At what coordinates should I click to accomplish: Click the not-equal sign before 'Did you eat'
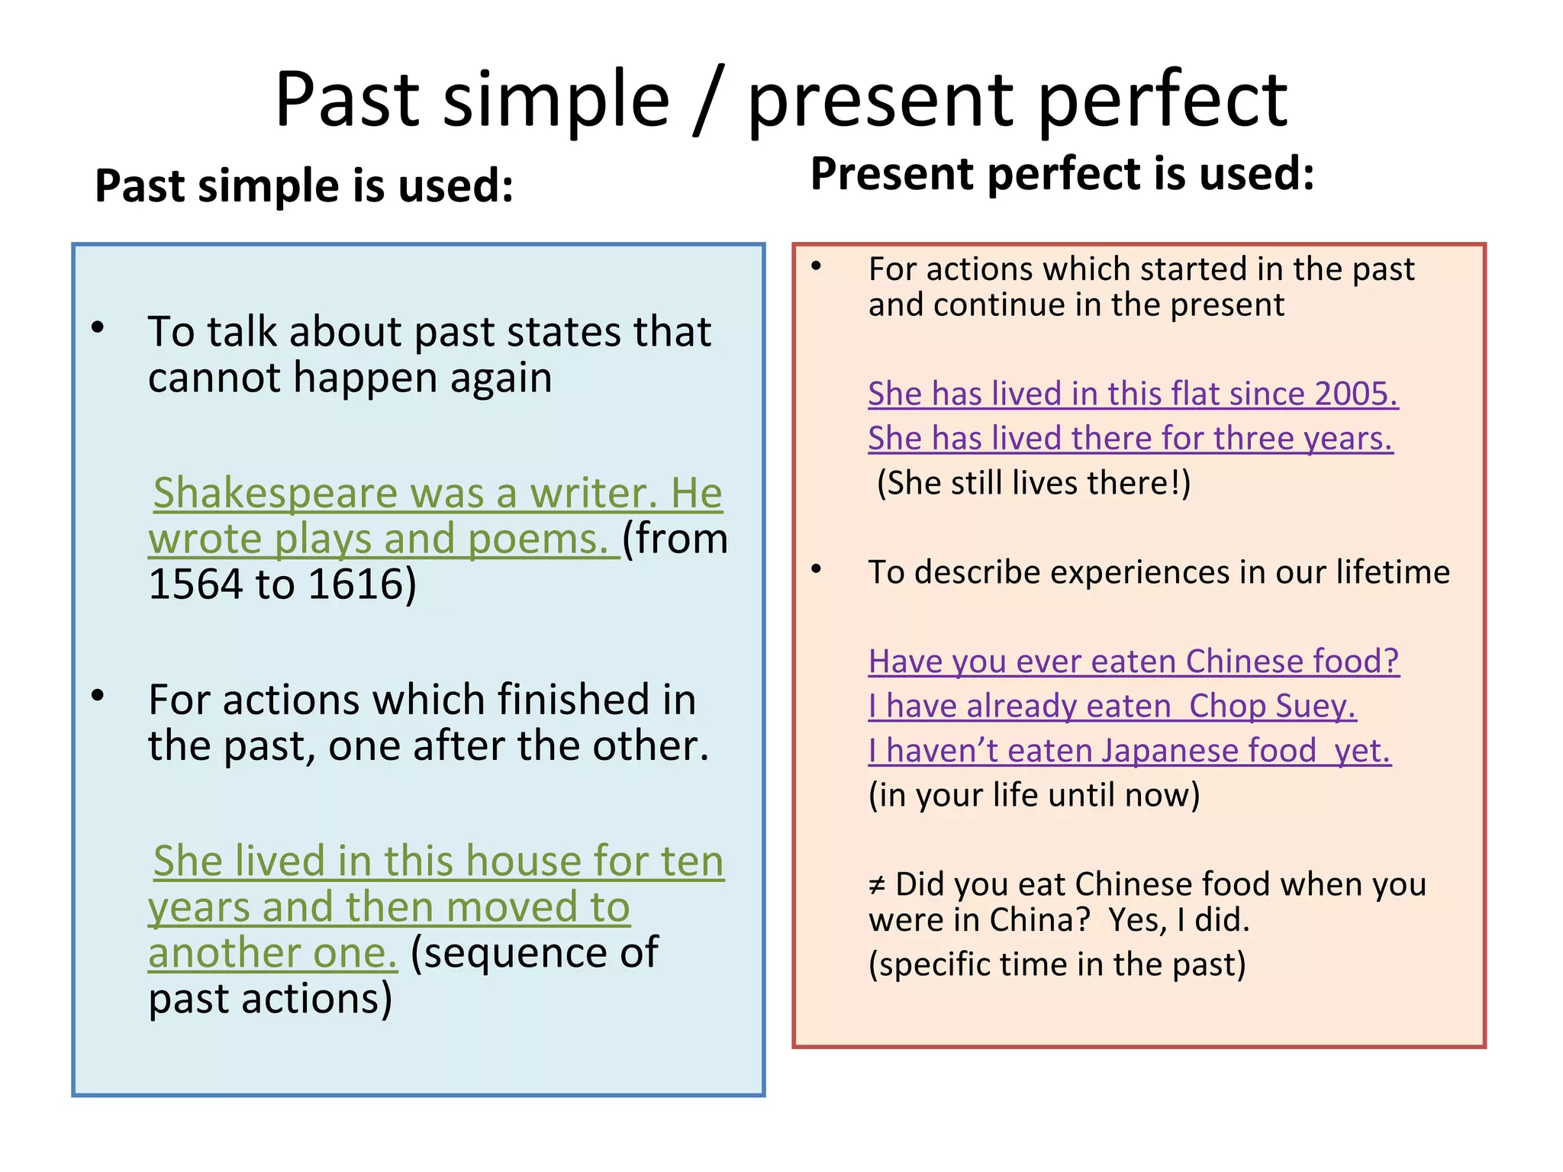click(877, 886)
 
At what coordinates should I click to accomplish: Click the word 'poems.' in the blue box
click(537, 539)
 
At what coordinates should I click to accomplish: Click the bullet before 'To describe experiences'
click(817, 569)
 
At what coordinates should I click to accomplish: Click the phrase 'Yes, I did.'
click(1178, 920)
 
